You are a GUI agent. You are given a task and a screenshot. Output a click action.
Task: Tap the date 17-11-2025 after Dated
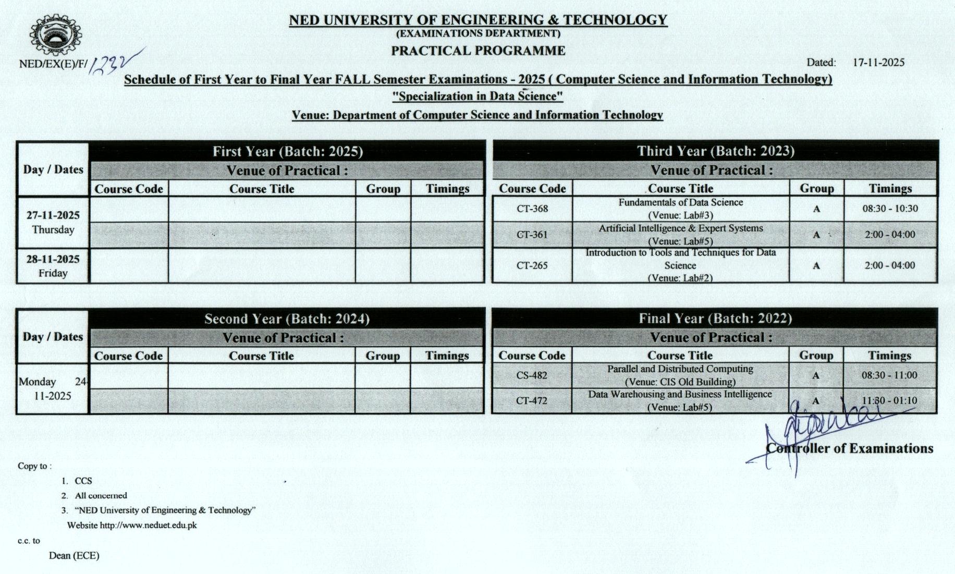pos(878,63)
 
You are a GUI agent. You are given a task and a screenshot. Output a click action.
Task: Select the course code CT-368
pos(532,209)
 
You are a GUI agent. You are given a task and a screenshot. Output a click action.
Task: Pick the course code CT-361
pos(532,235)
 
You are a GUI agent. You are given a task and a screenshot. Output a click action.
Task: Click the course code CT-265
pos(532,266)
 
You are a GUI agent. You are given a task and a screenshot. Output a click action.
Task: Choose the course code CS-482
pos(532,375)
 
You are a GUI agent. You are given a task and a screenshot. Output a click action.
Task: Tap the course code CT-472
pos(532,401)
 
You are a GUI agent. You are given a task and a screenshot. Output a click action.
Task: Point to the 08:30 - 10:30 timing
pos(890,209)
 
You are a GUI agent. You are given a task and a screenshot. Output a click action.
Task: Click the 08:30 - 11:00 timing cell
pos(889,375)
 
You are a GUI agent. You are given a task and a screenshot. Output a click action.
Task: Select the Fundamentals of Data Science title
pos(680,202)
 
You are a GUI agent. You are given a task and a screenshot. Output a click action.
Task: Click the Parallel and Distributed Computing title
pos(680,369)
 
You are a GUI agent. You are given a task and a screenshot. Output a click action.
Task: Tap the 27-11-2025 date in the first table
pos(53,215)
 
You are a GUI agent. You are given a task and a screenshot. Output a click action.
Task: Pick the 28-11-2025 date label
pos(53,259)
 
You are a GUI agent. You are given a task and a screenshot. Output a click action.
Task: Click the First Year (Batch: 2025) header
pos(287,152)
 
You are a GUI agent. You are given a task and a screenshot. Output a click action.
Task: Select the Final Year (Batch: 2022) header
pos(715,319)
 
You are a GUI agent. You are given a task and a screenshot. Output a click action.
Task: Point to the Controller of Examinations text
pos(850,449)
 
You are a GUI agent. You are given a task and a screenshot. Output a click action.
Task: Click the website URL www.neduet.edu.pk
pos(148,526)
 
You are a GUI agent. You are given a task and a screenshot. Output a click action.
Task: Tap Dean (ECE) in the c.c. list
pos(74,556)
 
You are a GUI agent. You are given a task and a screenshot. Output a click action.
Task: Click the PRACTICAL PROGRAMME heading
pos(478,51)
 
